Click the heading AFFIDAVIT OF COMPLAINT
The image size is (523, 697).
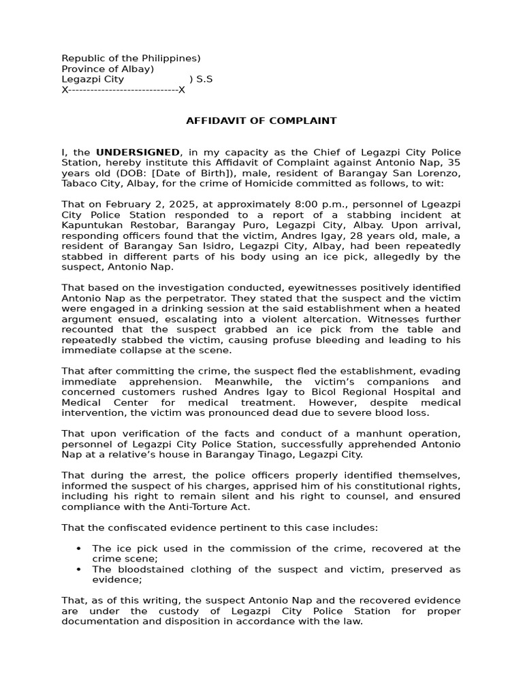click(261, 121)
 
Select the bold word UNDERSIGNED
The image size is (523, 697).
click(138, 152)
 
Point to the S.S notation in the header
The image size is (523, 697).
click(204, 80)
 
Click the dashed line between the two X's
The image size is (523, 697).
click(123, 90)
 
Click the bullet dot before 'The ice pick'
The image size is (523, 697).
click(79, 549)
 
